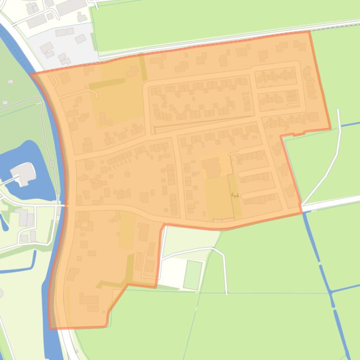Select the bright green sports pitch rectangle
[192, 275]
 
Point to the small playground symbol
[235, 195]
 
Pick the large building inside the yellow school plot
[212, 167]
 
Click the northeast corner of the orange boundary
[309, 32]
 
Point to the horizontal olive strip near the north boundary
[107, 84]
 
